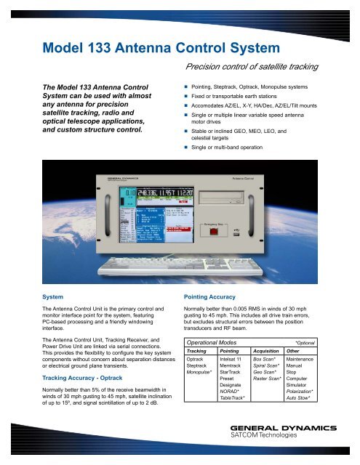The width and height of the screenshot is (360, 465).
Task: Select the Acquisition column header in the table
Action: pos(268,350)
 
